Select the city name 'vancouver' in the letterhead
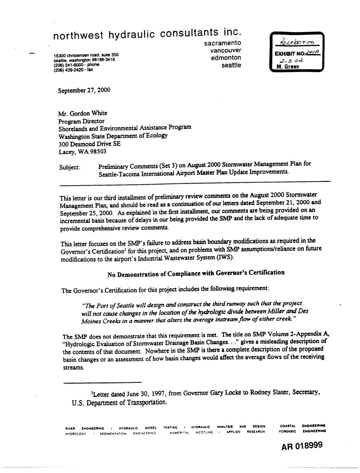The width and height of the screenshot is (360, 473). [226, 50]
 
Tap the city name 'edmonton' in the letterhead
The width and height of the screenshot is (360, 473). [226, 58]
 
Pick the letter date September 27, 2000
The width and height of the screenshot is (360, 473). [84, 90]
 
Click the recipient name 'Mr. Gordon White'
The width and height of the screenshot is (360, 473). [83, 113]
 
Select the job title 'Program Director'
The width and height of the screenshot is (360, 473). [81, 121]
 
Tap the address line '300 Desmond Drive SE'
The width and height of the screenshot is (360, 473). [90, 144]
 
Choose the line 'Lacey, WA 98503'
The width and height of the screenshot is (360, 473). [82, 152]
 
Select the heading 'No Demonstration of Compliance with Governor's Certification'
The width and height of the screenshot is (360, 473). [196, 273]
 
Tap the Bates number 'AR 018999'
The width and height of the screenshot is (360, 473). [302, 446]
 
